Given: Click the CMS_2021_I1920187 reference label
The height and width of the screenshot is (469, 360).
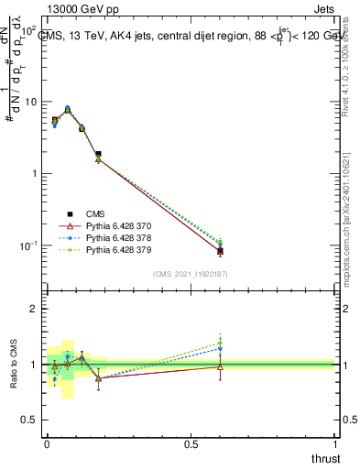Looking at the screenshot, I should [x=191, y=274].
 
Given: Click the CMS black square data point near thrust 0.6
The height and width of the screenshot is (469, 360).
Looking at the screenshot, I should [x=220, y=250].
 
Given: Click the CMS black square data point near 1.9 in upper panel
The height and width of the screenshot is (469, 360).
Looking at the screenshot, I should [x=98, y=154].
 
